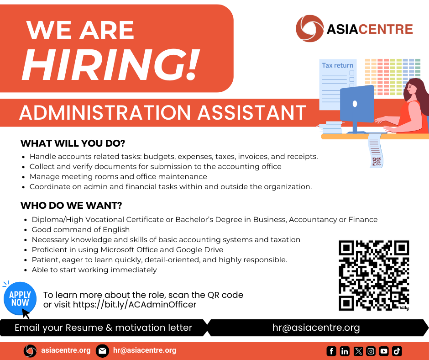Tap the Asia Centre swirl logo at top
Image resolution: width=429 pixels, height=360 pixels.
310,28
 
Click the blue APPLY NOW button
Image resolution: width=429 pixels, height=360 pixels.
20,299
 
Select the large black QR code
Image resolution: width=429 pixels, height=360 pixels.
374,275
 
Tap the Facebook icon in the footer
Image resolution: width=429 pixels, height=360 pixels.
331,351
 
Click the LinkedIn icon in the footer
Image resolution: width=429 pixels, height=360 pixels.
345,351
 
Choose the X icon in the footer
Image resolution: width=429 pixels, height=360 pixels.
358,351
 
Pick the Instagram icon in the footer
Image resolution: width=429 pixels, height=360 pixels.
371,351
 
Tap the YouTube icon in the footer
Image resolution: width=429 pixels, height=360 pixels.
384,351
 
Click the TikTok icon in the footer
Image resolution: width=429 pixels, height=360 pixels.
397,351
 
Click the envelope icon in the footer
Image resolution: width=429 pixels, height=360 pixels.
103,351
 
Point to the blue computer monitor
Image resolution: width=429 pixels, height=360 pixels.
357,107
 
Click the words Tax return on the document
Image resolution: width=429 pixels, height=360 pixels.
338,65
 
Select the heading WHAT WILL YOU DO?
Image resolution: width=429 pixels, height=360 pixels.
73,143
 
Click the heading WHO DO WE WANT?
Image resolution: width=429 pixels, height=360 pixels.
71,206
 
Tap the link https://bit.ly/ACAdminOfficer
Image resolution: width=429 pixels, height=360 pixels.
135,305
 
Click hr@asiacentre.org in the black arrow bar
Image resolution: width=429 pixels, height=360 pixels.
316,328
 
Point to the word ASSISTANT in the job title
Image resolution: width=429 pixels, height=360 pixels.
252,112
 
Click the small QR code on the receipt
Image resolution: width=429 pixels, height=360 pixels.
377,161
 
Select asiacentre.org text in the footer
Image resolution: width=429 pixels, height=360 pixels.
66,350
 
